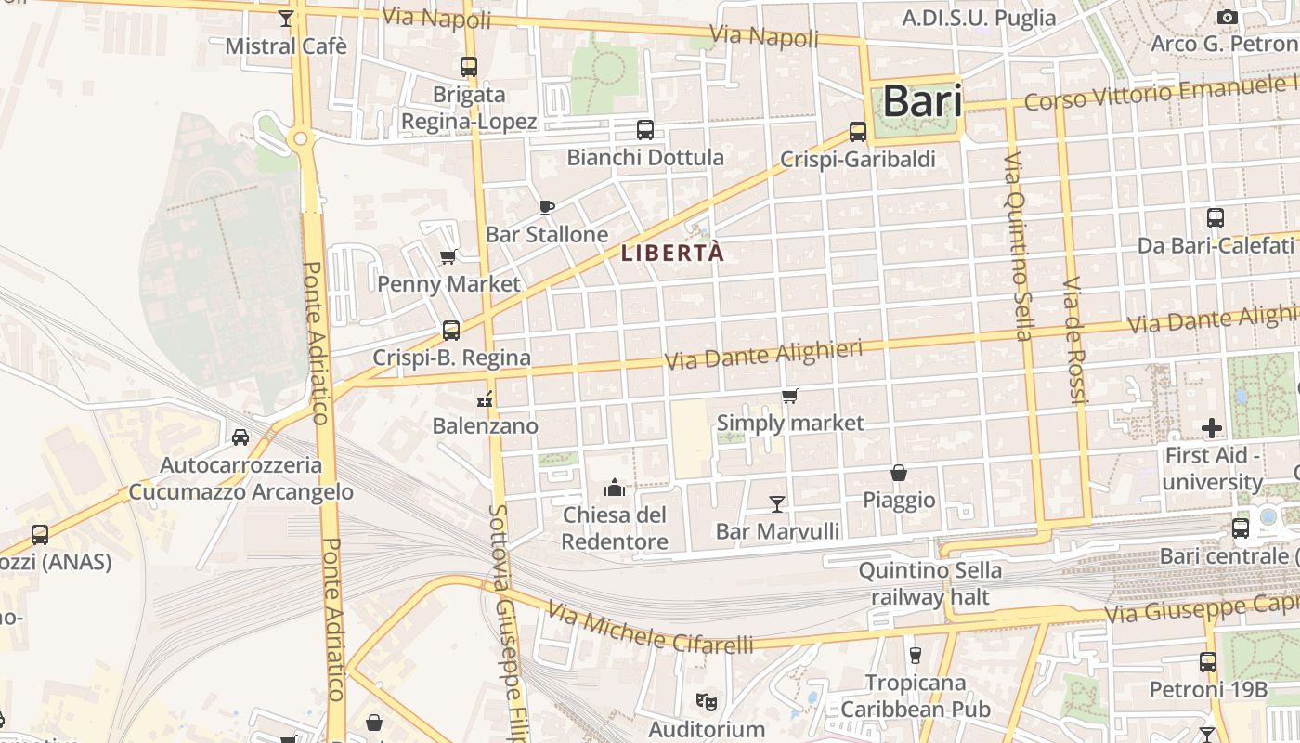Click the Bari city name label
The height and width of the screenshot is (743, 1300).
click(922, 100)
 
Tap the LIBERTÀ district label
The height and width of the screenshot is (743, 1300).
click(672, 253)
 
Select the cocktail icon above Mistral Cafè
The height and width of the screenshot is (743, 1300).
click(286, 19)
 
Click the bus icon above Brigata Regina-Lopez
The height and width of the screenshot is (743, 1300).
click(469, 67)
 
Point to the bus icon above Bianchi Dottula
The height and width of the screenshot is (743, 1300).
click(644, 130)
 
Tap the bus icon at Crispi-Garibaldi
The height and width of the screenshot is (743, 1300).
click(858, 132)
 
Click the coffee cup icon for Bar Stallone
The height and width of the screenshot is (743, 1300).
click(547, 207)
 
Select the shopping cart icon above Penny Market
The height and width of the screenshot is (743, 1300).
click(448, 256)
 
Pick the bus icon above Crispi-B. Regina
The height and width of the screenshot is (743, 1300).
click(451, 330)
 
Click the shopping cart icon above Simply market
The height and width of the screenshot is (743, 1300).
click(789, 397)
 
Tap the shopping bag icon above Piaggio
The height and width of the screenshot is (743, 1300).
click(898, 473)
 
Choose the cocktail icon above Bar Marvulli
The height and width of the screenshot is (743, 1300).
click(777, 503)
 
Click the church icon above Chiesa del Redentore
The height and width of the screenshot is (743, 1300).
click(614, 487)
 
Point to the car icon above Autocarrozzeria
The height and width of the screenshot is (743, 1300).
click(240, 437)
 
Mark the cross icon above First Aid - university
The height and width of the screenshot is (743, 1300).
click(1211, 428)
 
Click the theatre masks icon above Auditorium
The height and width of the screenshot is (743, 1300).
click(707, 701)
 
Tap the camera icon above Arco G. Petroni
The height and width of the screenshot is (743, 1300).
click(1227, 17)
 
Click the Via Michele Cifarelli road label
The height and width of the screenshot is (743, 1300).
click(649, 628)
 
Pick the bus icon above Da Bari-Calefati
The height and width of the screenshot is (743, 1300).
click(1215, 218)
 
